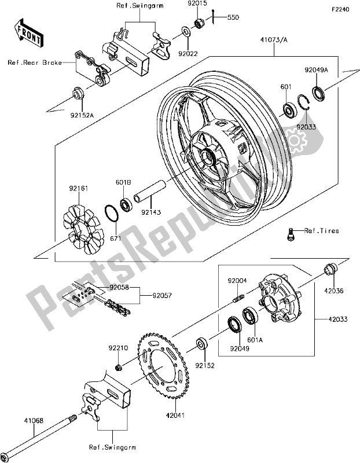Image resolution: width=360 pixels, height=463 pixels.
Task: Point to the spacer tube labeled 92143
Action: [152, 192]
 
